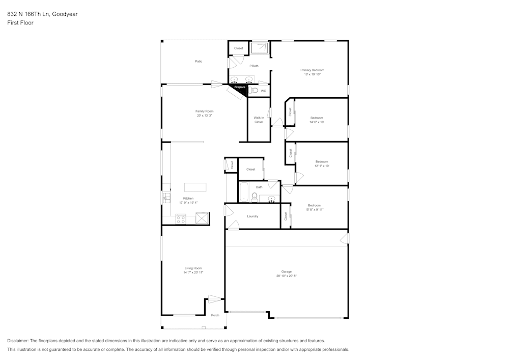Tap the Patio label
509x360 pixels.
click(199, 62)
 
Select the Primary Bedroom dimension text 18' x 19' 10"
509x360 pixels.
click(312, 74)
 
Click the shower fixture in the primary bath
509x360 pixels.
click(260, 48)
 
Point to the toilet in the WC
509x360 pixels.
click(253, 91)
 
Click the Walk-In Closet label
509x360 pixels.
click(259, 120)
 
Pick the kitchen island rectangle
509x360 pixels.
click(195, 187)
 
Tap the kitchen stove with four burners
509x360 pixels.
click(181, 219)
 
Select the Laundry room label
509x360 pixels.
click(252, 216)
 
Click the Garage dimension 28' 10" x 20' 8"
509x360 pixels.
click(287, 276)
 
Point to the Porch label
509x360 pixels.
click(215, 315)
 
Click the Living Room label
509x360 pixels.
click(193, 268)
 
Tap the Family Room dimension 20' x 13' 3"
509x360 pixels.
click(204, 116)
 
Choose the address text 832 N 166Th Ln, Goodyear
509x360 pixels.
click(42, 14)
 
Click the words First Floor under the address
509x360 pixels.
click(20, 23)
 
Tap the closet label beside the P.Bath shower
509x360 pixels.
click(238, 48)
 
